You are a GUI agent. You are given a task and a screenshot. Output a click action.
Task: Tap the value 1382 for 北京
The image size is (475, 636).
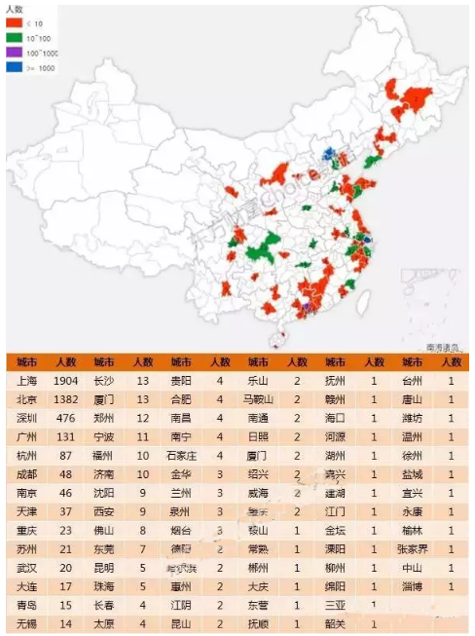66,398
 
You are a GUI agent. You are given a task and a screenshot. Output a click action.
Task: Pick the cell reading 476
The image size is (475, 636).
66,416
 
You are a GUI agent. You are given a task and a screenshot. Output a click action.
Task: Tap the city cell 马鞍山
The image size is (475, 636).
259,398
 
